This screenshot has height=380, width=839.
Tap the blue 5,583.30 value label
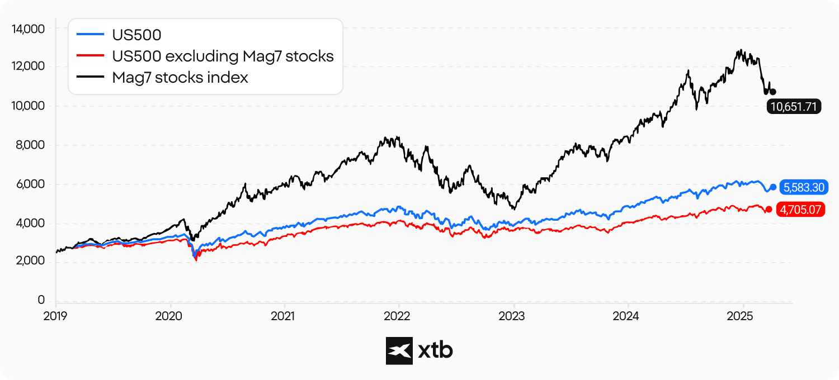(x=803, y=187)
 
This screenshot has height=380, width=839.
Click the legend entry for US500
(x=136, y=35)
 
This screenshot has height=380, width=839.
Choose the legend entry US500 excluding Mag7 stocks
(x=223, y=56)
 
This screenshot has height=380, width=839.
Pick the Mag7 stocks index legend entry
(x=180, y=78)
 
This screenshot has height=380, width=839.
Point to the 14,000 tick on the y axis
(x=28, y=28)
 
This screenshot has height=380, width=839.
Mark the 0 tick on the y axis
(x=41, y=301)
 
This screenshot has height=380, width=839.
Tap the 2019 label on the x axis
(x=55, y=316)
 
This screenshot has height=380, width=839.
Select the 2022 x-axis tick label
(x=399, y=316)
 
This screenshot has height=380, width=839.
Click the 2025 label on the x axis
(x=742, y=316)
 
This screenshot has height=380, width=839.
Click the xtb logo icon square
(x=399, y=350)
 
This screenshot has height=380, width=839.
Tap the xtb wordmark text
(x=436, y=350)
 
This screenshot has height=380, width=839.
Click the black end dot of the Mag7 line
(x=773, y=92)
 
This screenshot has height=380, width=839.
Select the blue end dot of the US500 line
(x=773, y=187)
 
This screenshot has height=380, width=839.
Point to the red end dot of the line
(x=769, y=209)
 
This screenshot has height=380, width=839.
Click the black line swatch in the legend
(x=90, y=78)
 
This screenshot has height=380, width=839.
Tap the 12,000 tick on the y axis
(x=28, y=66)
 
